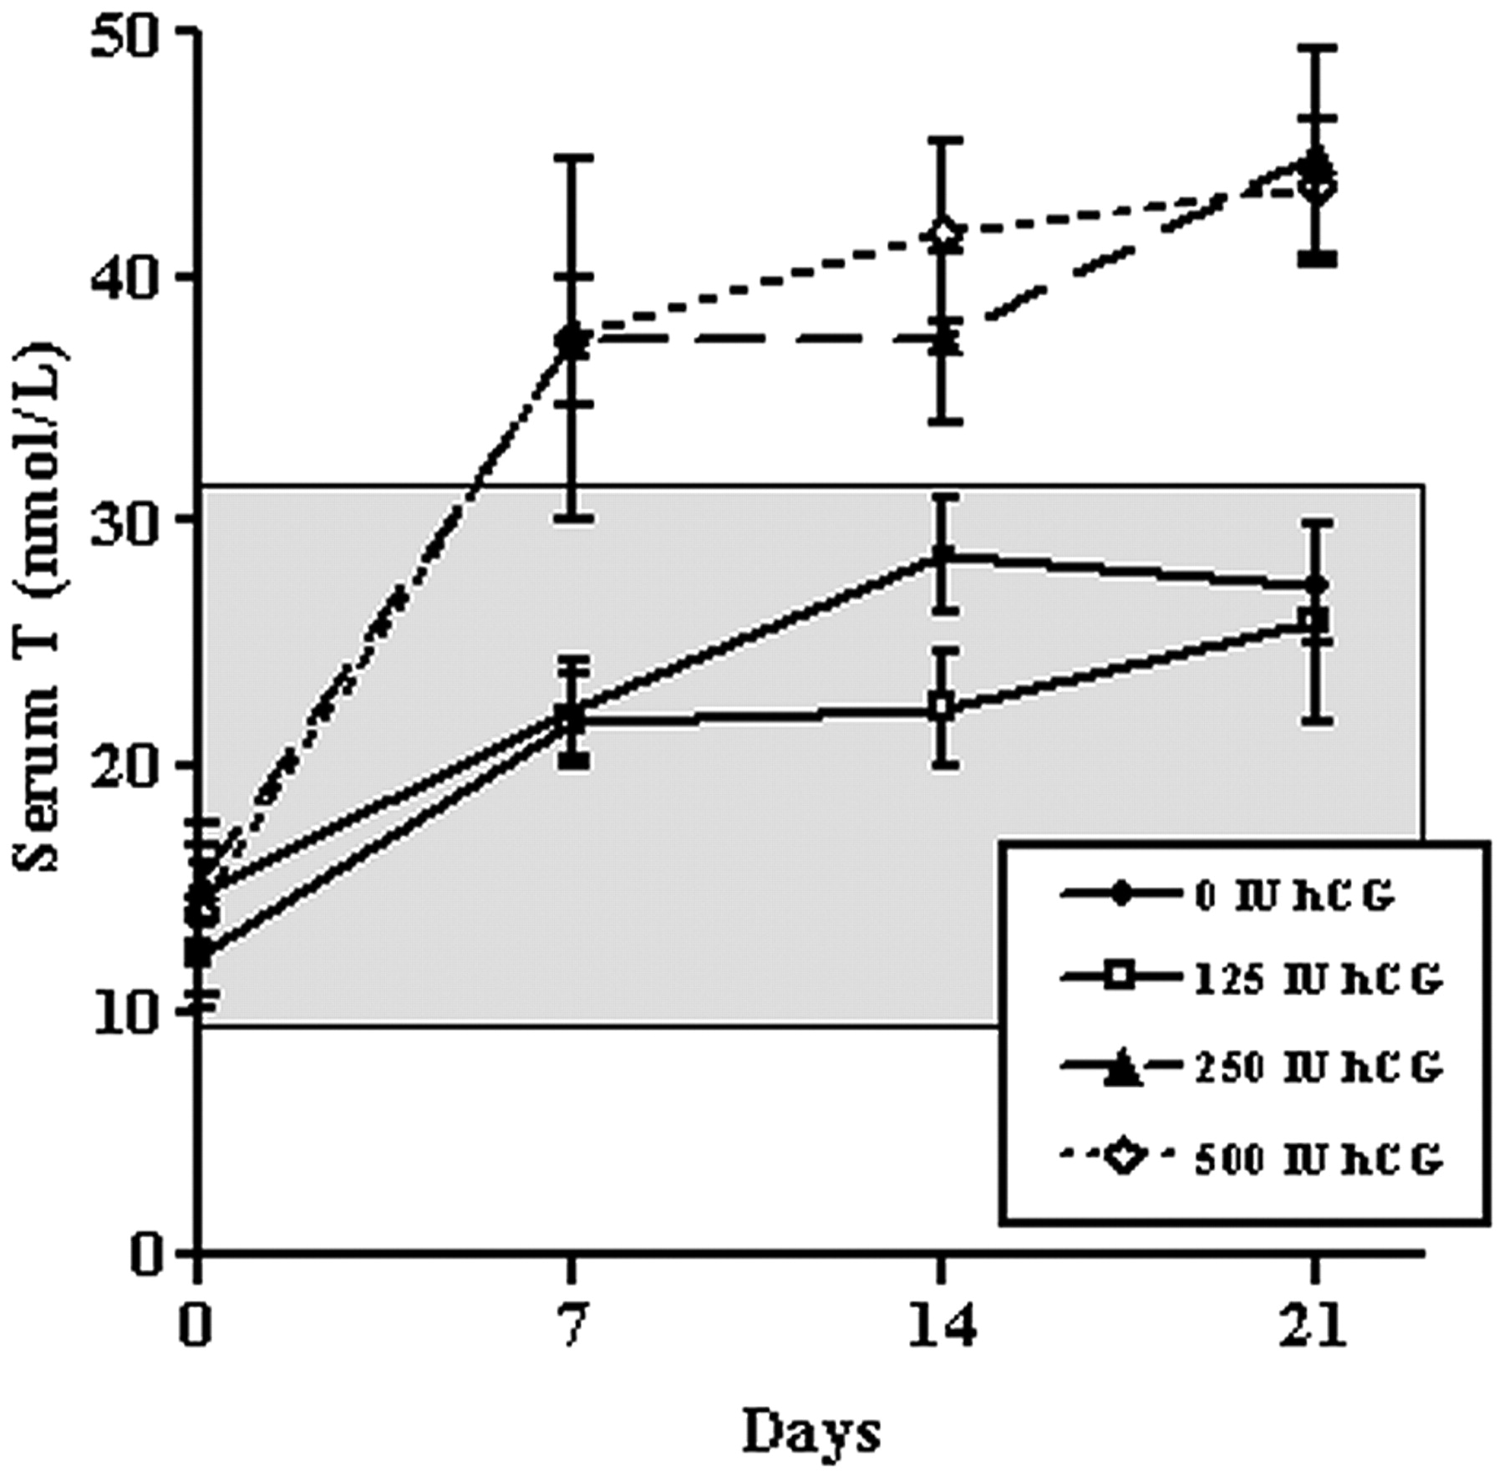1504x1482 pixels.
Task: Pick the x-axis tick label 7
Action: point(572,1326)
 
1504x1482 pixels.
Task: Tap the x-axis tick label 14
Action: point(943,1326)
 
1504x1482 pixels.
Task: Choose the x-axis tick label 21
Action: point(1313,1326)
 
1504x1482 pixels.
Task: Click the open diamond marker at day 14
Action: point(943,233)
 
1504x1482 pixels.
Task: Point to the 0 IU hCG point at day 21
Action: point(1315,585)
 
